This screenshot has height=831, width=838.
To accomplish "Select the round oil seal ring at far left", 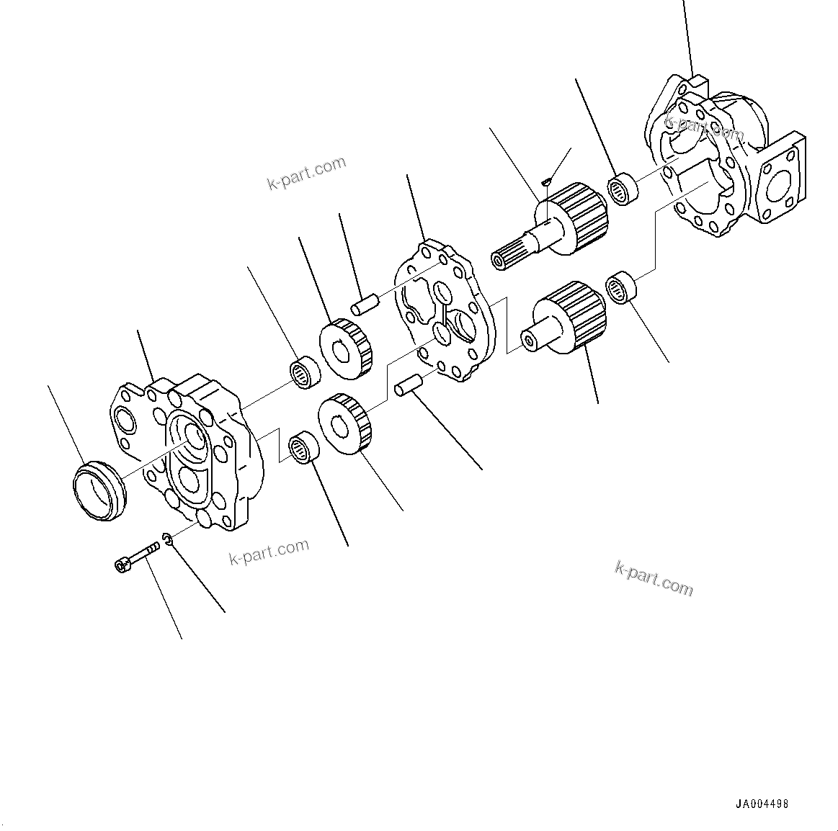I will pos(100,489).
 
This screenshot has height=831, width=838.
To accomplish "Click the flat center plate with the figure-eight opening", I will pos(445,309).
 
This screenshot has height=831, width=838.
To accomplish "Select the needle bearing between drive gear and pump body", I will pos(623,189).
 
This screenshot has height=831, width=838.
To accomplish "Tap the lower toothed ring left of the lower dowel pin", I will pos(346,424).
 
